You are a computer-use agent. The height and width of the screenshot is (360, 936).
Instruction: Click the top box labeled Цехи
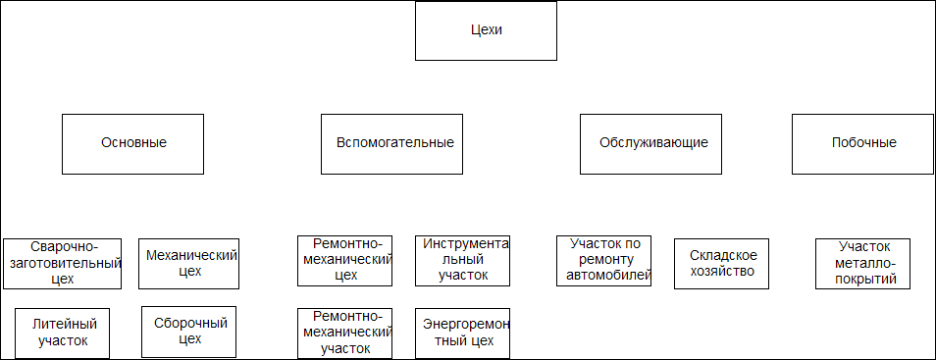tap(486, 31)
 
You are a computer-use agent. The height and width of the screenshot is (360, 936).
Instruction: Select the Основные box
tap(132, 144)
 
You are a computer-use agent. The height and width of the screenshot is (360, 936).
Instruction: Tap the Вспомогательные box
tap(391, 144)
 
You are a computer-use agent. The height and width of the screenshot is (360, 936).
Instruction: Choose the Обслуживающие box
tap(650, 144)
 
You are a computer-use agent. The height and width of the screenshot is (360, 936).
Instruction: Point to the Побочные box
tap(862, 144)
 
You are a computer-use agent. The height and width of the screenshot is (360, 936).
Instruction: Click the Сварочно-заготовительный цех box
tap(62, 264)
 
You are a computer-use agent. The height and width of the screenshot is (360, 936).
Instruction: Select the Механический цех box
tap(188, 264)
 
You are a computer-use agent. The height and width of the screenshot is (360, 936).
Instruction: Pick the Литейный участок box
tap(62, 334)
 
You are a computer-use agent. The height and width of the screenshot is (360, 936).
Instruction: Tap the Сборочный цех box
tap(188, 332)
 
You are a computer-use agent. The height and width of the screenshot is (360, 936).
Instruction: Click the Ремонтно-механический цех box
tap(344, 261)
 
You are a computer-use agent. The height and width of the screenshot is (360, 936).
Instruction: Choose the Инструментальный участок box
tap(463, 261)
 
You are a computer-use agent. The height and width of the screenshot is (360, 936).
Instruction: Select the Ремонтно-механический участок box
tap(344, 334)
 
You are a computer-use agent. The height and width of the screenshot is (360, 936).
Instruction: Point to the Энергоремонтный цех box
tap(463, 334)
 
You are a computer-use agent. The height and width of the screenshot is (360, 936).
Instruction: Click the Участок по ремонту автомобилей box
tap(603, 261)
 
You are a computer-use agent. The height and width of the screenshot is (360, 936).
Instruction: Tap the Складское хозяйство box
tap(722, 264)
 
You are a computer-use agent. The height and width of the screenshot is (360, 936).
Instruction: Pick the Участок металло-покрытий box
tap(862, 264)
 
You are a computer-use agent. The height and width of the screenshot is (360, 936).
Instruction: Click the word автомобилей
tap(607, 276)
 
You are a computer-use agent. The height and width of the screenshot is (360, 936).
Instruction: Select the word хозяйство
tap(722, 272)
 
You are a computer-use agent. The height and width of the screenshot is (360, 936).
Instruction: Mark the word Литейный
tap(65, 325)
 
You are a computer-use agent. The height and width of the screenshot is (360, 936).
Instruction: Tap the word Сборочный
tap(191, 324)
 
